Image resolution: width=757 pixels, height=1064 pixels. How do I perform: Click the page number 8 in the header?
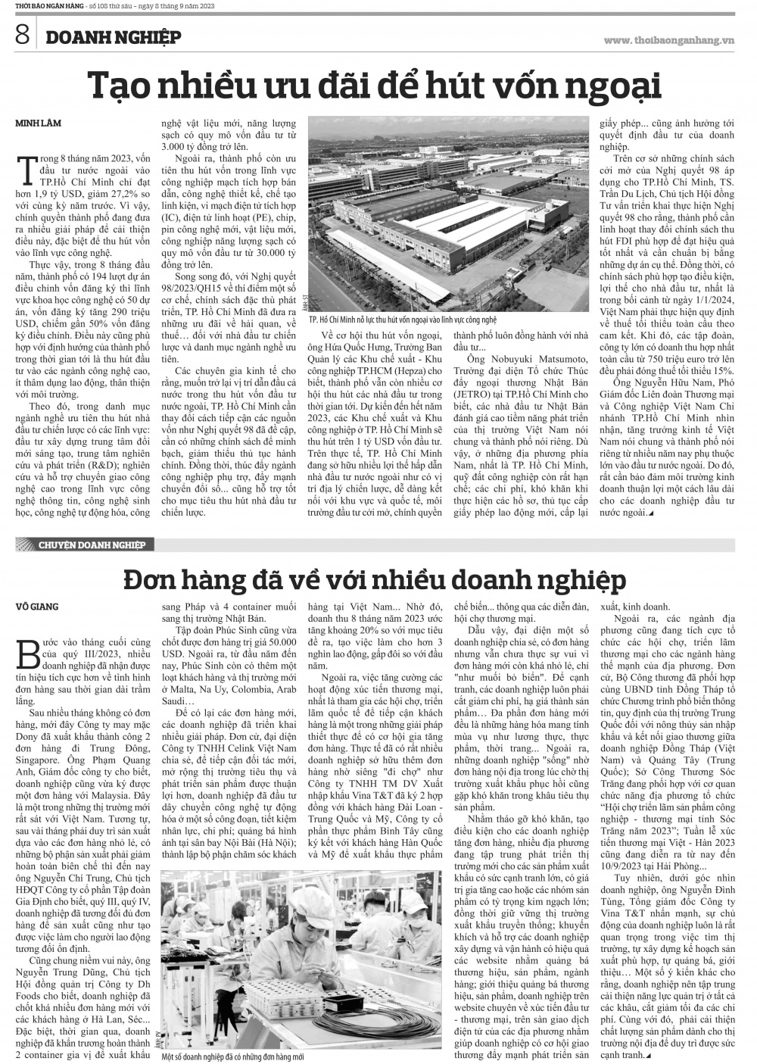tap(20, 36)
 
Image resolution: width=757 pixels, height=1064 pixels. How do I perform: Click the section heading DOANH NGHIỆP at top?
tap(113, 37)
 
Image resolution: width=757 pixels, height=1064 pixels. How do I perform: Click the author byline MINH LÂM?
tap(38, 123)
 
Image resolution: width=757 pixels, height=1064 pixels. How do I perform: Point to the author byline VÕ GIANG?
tap(37, 606)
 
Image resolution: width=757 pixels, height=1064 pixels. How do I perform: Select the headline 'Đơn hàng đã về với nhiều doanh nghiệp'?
tap(375, 580)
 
